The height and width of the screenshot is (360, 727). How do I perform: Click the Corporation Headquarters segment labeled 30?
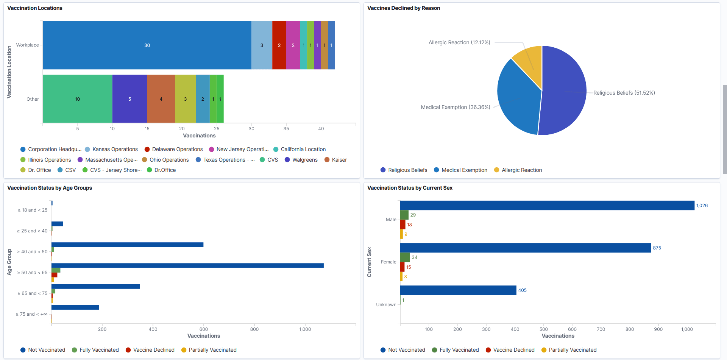tap(147, 45)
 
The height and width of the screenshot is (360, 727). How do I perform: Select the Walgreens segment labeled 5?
tap(129, 99)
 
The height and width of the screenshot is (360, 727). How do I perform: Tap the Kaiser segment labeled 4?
tap(161, 99)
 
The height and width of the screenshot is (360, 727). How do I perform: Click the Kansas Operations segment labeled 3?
tap(262, 45)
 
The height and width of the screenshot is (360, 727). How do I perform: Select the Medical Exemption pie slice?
tap(517, 98)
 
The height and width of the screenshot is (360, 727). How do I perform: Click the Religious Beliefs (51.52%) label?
tap(624, 93)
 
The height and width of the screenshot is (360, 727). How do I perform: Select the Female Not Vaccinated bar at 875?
tap(526, 248)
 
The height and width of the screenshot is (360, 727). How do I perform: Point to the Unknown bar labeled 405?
tap(458, 290)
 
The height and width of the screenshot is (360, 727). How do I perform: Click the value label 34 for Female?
tap(415, 257)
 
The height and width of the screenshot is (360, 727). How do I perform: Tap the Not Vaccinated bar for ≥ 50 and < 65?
tap(187, 266)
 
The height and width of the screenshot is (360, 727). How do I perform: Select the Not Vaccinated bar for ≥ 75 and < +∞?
tap(75, 307)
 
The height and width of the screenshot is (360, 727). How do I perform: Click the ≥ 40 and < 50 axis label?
tap(32, 252)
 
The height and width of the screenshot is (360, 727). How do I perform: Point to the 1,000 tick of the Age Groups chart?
tap(305, 329)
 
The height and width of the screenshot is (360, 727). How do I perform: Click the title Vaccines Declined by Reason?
tap(403, 8)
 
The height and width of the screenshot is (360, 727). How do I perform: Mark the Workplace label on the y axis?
tap(27, 45)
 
